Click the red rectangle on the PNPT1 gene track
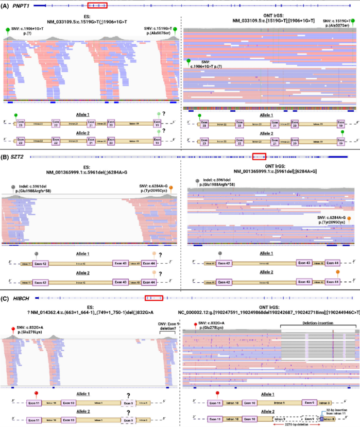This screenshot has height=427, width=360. [97, 5]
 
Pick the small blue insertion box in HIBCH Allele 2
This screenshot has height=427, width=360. [322, 410]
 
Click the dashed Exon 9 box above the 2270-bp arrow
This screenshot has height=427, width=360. [310, 410]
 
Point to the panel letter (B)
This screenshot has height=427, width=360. [6, 156]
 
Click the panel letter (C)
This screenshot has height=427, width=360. [6, 297]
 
